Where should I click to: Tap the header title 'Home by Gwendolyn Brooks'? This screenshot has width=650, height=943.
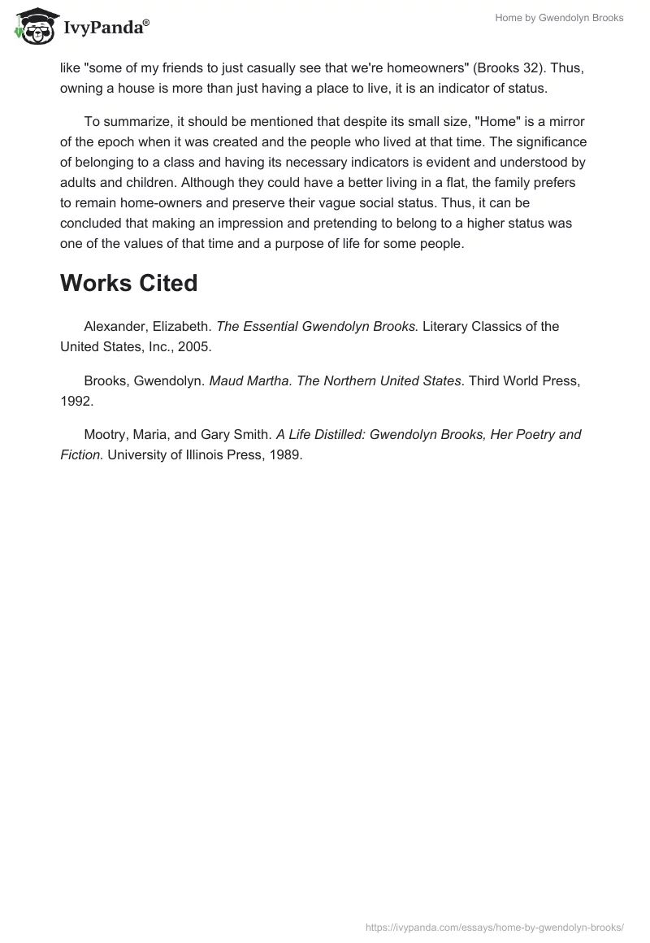click(559, 18)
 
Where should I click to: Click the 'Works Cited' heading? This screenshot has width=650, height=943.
click(128, 283)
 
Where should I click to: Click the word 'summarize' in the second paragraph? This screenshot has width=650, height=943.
click(135, 121)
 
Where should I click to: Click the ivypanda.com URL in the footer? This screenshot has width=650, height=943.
click(495, 927)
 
